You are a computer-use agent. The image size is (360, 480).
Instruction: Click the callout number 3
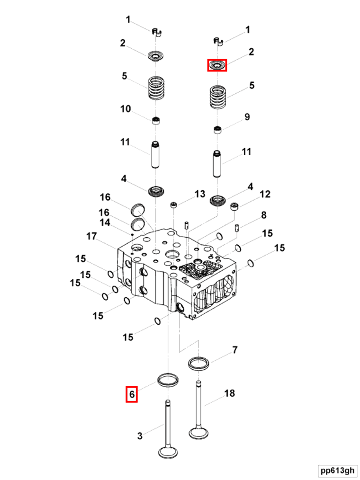[140, 436]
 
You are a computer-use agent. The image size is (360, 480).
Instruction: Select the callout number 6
[132, 394]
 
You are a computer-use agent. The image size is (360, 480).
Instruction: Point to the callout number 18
[229, 393]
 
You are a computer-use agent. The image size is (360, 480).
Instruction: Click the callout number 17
[91, 236]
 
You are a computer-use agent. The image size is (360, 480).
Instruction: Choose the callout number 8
[263, 215]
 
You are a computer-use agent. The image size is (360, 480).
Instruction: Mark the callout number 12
[265, 194]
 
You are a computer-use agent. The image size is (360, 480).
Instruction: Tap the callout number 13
[199, 194]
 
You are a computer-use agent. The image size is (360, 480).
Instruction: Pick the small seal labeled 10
[156, 120]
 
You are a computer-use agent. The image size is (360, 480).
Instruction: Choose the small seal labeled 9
[218, 130]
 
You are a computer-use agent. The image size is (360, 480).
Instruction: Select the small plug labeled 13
[174, 204]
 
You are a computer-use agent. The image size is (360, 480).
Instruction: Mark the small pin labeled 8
[236, 228]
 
